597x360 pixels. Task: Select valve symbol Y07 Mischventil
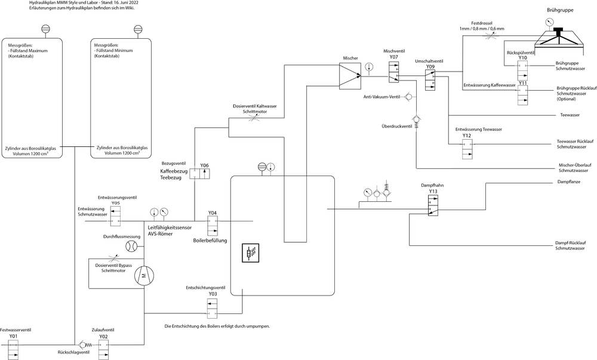pos(393,75)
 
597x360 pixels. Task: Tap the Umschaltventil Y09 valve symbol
pos(430,79)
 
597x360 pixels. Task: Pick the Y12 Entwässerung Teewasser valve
pos(467,150)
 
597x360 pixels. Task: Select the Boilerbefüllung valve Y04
pos(212,226)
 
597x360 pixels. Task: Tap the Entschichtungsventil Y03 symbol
pos(212,307)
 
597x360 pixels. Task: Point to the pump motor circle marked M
pos(144,275)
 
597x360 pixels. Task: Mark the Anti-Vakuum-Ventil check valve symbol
pos(408,96)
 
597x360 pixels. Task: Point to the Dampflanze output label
pos(568,181)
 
